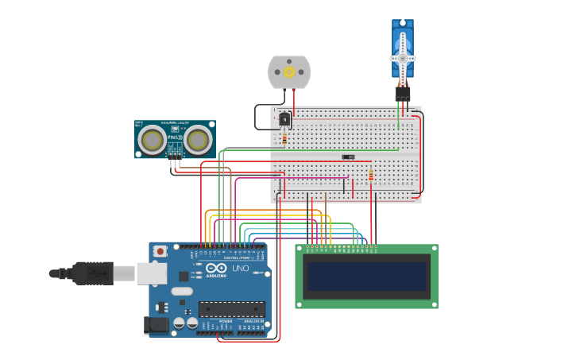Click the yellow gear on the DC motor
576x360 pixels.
pyautogui.click(x=289, y=72)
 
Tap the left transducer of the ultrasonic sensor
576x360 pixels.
pyautogui.click(x=151, y=141)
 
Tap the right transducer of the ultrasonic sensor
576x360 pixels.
pyautogui.click(x=198, y=141)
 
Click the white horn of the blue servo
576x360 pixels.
pyautogui.click(x=403, y=58)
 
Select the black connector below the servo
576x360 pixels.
pyautogui.click(x=403, y=93)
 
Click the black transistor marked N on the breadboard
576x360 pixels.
pyautogui.click(x=284, y=119)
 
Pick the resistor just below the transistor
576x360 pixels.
pyautogui.click(x=284, y=138)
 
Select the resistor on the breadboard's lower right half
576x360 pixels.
pyautogui.click(x=370, y=175)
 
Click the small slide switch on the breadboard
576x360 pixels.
pyautogui.click(x=348, y=157)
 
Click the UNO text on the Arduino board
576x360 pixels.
pyautogui.click(x=240, y=269)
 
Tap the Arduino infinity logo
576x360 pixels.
pyautogui.click(x=216, y=269)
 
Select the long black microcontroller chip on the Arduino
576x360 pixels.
pyautogui.click(x=231, y=308)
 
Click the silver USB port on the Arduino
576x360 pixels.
pyautogui.click(x=151, y=273)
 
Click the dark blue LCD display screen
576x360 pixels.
pyautogui.click(x=366, y=277)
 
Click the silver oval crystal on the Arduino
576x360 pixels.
pyautogui.click(x=182, y=291)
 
